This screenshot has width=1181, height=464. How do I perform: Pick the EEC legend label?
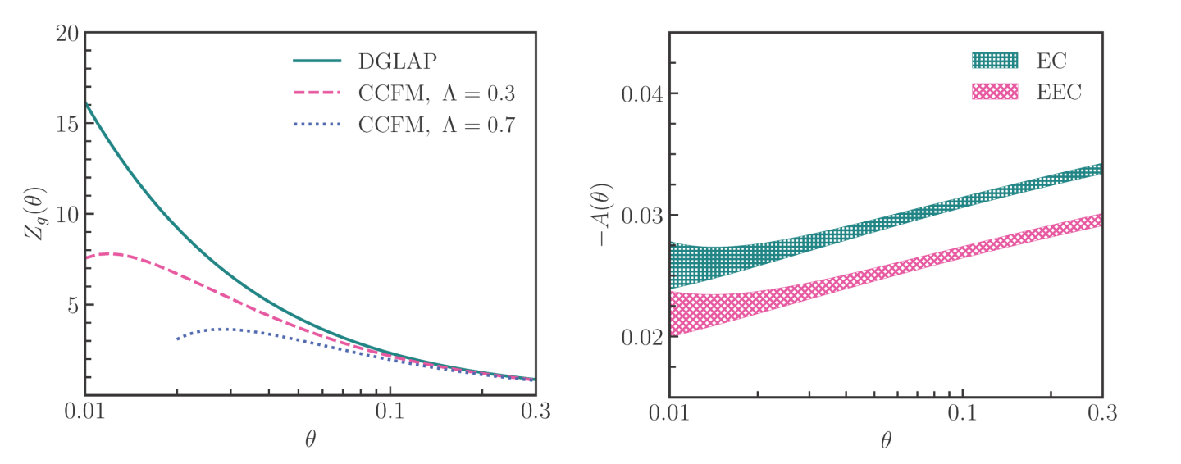click(x=1058, y=92)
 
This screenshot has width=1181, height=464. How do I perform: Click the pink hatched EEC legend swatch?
click(x=995, y=92)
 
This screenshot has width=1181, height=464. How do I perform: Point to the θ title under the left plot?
click(x=310, y=439)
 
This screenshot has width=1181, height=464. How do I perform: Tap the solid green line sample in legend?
click(x=317, y=61)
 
